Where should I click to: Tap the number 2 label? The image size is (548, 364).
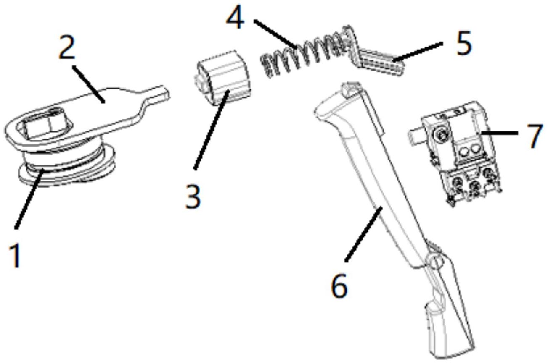coord(66,49)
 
